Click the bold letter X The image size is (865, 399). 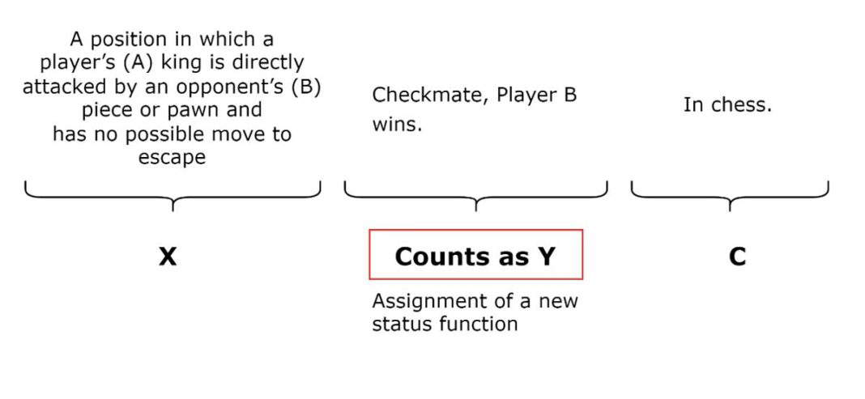168,257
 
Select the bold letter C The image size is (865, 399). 737,257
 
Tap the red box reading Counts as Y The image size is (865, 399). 475,255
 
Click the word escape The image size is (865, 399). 172,158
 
